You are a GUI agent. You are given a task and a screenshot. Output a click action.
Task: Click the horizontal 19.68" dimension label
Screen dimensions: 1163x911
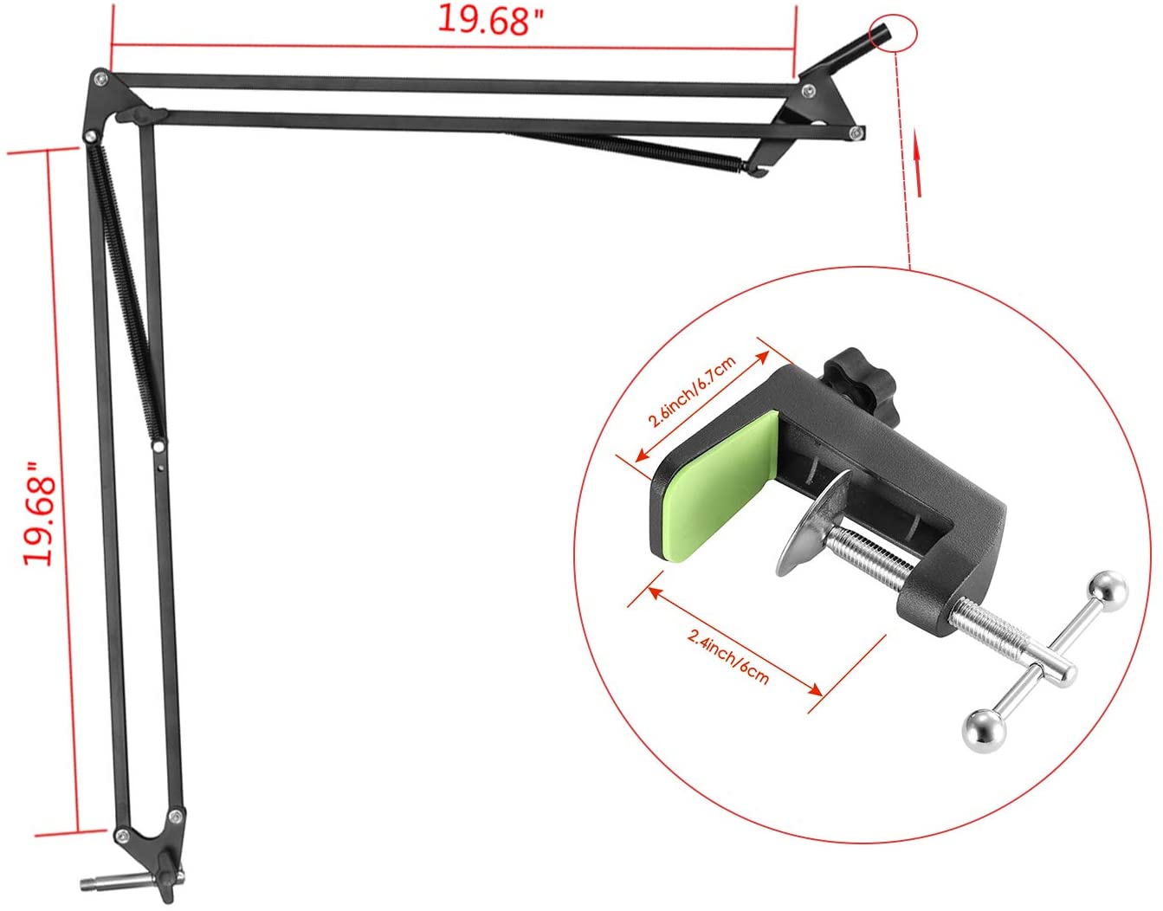[490, 21]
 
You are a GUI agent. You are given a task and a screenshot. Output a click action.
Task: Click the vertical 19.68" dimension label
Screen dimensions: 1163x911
[39, 514]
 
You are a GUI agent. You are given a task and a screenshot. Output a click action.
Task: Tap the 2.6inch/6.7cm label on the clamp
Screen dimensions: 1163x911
[693, 391]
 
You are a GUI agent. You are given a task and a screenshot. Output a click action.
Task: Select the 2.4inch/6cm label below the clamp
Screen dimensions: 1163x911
[729, 658]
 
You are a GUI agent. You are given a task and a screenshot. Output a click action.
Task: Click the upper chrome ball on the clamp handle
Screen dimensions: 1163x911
[1110, 589]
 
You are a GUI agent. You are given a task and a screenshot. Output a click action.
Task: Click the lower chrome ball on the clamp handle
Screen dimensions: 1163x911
[984, 728]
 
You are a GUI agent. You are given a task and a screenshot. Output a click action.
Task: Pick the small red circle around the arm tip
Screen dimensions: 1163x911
[894, 33]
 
